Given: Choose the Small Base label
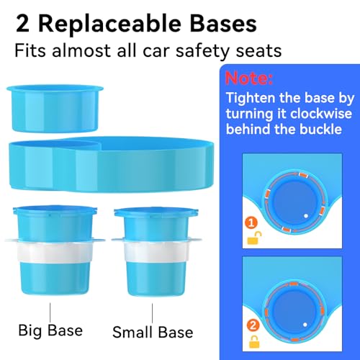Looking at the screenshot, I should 153,332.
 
